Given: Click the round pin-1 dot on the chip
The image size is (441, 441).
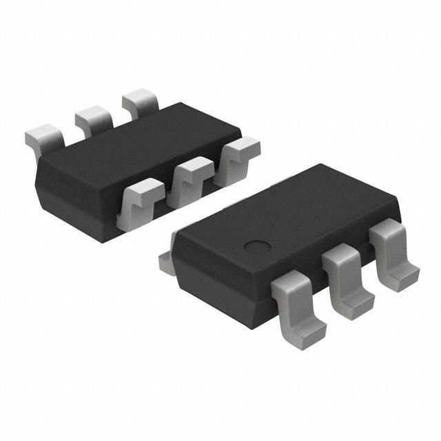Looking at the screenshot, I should point(258,246).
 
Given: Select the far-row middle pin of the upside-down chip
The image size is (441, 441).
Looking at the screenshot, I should point(93,119).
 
